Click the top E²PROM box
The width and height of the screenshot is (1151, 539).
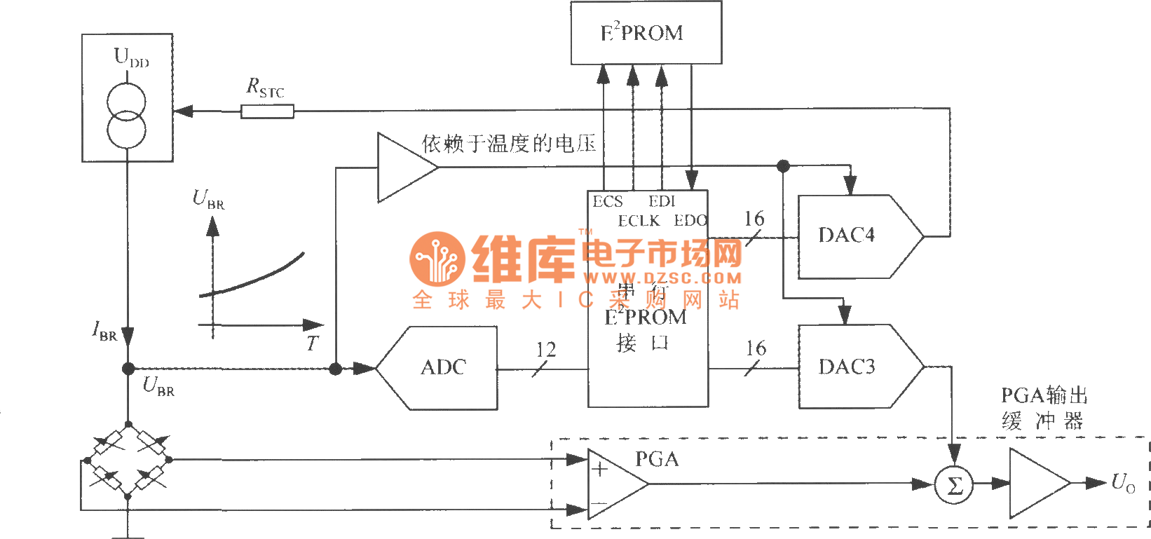[646, 33]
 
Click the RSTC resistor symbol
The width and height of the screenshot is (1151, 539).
[267, 111]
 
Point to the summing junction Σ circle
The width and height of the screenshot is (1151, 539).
[954, 485]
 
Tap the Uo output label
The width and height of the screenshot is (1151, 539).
[1122, 483]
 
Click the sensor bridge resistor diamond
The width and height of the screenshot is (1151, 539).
[128, 460]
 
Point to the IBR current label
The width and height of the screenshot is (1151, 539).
[104, 330]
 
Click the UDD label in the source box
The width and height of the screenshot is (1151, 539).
[131, 57]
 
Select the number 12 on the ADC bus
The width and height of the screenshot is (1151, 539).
[546, 349]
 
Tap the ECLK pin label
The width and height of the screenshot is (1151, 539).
[639, 221]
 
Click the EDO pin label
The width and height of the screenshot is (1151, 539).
[690, 221]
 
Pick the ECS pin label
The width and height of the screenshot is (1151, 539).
[607, 202]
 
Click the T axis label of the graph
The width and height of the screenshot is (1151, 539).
[312, 343]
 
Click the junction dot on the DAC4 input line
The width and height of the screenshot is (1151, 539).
[783, 166]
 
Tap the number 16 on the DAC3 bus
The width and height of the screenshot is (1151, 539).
[756, 348]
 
